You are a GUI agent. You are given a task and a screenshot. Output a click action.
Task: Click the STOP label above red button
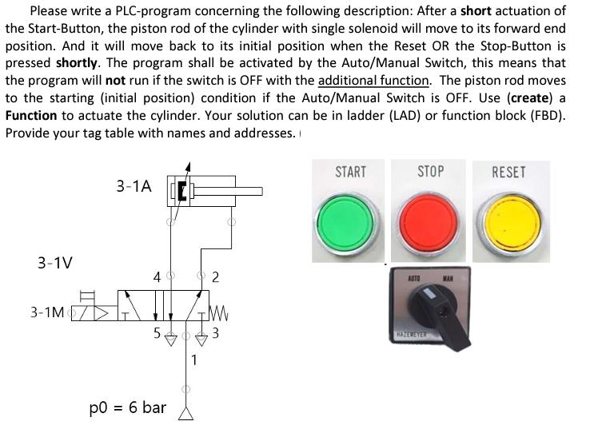[x=431, y=172]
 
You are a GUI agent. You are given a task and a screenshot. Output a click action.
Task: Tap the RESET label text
[x=509, y=172]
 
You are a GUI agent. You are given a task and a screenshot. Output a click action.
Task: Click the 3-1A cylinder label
[x=134, y=186]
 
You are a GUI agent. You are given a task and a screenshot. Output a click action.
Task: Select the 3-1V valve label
[x=54, y=262]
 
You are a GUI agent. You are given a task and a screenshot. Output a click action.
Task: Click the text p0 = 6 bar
[x=128, y=407]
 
